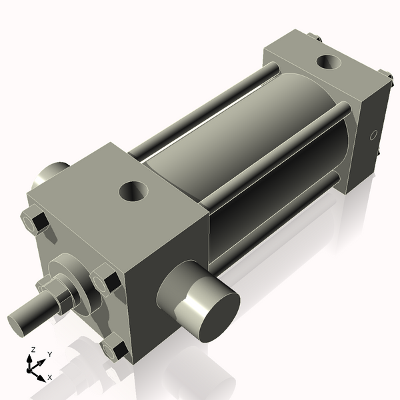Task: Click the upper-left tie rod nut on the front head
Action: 34,221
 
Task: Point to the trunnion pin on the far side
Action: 51,175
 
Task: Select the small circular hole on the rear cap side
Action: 374,135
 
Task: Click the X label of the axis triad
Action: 50,377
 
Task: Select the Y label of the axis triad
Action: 50,355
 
